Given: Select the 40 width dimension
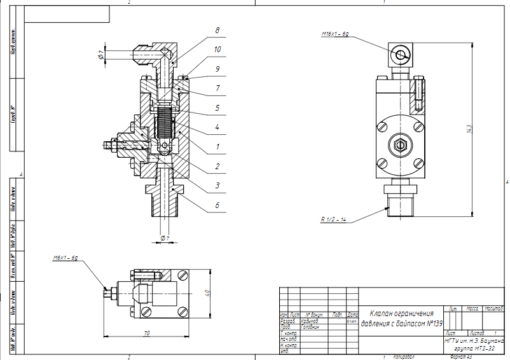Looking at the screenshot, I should (x=206, y=293).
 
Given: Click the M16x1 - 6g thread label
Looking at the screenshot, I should (x=334, y=33).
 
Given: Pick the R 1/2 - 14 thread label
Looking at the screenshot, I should (x=334, y=219).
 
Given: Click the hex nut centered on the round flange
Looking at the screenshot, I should (x=400, y=144).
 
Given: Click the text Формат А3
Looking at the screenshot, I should (x=460, y=357).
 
